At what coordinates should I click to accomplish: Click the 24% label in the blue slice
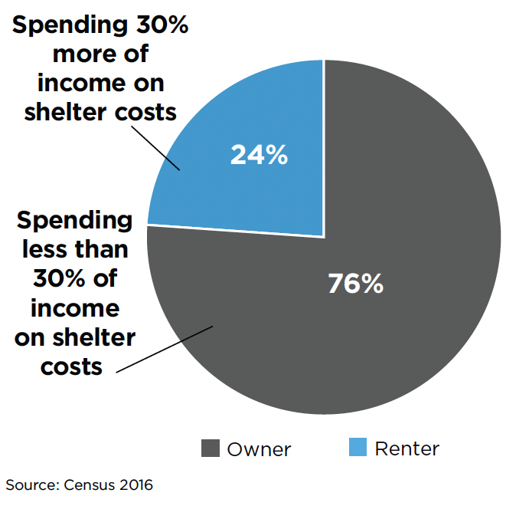tap(259, 155)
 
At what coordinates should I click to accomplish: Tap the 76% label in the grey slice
tap(355, 284)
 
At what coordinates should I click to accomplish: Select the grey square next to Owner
tap(210, 449)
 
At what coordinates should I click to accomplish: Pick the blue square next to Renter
tap(358, 448)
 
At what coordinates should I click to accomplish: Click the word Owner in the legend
tap(259, 449)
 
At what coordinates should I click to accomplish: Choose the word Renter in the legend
tap(407, 449)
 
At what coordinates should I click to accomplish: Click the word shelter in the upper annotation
tap(64, 112)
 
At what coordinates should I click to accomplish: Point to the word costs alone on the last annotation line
tap(71, 366)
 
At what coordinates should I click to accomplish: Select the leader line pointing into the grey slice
tap(165, 350)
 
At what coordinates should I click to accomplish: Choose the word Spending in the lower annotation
tap(74, 221)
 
